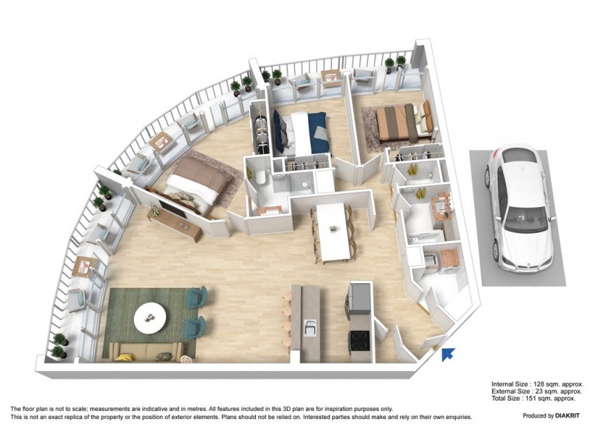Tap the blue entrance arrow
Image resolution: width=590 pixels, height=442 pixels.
tap(448, 354)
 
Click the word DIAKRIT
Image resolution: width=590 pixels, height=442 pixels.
tap(562, 416)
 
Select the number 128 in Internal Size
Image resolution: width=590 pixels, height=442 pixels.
tap(541, 385)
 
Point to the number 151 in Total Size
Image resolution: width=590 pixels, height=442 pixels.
tap(535, 399)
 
